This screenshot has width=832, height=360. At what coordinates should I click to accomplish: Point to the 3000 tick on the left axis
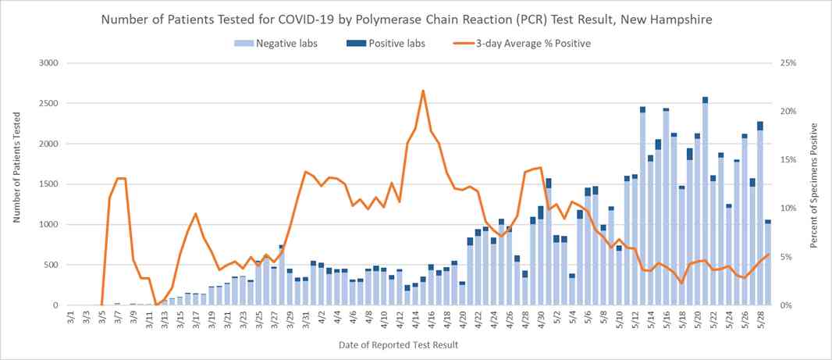[x=48, y=63]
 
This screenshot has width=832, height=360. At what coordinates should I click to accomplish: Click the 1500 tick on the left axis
[x=48, y=184]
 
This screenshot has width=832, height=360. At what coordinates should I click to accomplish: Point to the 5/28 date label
[x=761, y=320]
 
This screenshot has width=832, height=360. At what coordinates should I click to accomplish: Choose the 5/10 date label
[x=620, y=320]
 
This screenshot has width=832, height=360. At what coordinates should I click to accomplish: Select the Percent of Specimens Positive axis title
[x=814, y=185]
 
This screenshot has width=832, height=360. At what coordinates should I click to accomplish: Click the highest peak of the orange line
[x=423, y=91]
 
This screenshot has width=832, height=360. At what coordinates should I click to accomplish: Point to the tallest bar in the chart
[x=705, y=203]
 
